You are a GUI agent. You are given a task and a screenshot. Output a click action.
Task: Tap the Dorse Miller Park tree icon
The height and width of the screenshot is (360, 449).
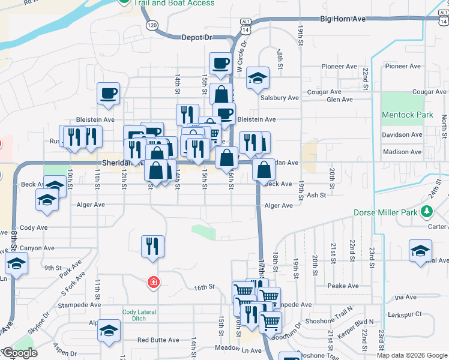(x=427, y=211)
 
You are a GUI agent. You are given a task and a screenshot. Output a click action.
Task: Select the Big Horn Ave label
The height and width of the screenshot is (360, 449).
(x=343, y=19)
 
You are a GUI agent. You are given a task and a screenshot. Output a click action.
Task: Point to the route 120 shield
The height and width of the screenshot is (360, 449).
(x=152, y=25)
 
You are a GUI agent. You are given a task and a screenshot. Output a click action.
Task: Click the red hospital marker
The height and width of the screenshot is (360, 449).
(x=154, y=281)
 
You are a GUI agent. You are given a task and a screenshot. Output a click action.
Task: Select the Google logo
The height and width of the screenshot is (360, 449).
(x=19, y=353)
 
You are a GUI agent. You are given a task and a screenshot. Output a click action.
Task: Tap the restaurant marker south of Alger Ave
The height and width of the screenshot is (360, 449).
(x=152, y=245)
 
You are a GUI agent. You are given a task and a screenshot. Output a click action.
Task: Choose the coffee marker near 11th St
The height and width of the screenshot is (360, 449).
(x=108, y=93)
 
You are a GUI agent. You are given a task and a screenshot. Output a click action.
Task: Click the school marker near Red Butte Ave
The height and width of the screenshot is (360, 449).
(x=109, y=330)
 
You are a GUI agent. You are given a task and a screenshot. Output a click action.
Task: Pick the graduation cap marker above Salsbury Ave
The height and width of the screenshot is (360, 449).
(x=258, y=77)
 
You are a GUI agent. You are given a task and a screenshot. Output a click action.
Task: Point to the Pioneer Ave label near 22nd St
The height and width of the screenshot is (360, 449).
(x=403, y=66)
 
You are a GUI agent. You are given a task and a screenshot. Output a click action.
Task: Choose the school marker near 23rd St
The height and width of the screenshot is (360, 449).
(x=420, y=250)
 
